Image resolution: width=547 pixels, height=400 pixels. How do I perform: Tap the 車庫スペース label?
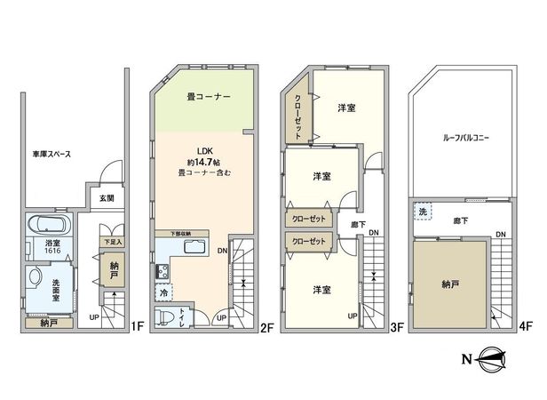tap(45, 155)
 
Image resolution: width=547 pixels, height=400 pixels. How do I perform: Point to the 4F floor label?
tap(525, 326)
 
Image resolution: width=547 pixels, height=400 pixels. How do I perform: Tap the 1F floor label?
tap(137, 326)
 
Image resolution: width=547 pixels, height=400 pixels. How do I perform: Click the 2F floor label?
tap(266, 326)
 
